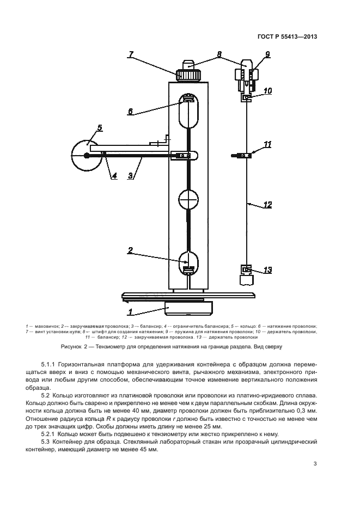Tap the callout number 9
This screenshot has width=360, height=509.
pyautogui.click(x=267, y=54)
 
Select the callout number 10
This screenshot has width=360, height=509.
pyautogui.click(x=268, y=90)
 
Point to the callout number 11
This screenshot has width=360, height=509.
pyautogui.click(x=267, y=144)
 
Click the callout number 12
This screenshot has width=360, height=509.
pyautogui.click(x=268, y=205)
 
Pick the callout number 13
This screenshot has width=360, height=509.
pyautogui.click(x=268, y=270)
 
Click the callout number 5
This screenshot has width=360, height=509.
pyautogui.click(x=100, y=127)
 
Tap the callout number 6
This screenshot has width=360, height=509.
pyautogui.click(x=130, y=112)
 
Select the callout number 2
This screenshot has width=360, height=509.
pyautogui.click(x=130, y=250)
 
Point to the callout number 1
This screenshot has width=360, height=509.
pyautogui.click(x=130, y=312)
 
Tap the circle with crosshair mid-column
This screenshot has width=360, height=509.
pyautogui.click(x=188, y=199)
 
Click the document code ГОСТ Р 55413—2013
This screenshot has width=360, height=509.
pyautogui.click(x=287, y=36)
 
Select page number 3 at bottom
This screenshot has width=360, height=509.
pyautogui.click(x=315, y=463)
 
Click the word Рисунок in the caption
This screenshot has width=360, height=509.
pyautogui.click(x=71, y=347)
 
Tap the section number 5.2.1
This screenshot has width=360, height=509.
pyautogui.click(x=48, y=434)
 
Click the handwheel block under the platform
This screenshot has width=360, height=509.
pyautogui.click(x=188, y=308)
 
